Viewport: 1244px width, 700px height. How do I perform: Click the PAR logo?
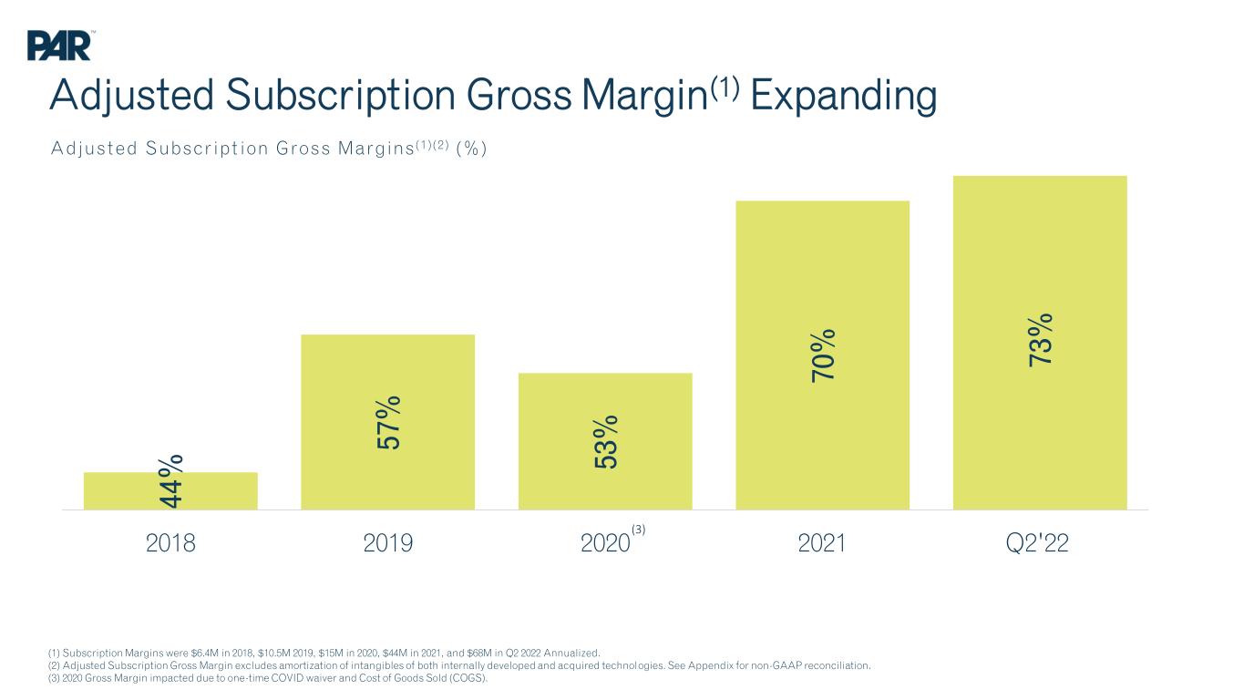[59, 46]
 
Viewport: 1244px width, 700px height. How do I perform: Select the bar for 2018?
[170, 491]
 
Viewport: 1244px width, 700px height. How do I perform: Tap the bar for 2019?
[387, 422]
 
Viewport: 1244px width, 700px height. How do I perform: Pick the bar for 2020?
[605, 442]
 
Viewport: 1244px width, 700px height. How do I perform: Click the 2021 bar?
[822, 355]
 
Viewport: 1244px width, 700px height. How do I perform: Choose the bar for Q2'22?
[1040, 343]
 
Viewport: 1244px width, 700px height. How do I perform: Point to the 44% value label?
[170, 481]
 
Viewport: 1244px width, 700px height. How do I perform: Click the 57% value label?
[387, 422]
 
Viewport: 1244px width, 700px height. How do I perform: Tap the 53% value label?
[605, 442]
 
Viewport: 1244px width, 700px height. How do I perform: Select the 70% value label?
[822, 355]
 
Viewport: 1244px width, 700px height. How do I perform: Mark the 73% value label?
[1040, 340]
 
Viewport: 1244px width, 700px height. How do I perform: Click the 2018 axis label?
[170, 543]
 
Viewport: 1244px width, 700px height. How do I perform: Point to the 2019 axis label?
[387, 543]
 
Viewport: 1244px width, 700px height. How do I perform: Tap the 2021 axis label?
[822, 543]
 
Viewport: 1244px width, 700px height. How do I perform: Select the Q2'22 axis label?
[1037, 543]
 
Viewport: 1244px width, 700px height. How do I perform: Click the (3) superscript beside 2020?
[638, 530]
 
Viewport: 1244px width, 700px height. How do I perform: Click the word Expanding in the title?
[844, 96]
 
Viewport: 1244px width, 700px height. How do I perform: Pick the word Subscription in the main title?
[341, 96]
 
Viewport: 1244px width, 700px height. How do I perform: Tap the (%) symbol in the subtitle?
[471, 149]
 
